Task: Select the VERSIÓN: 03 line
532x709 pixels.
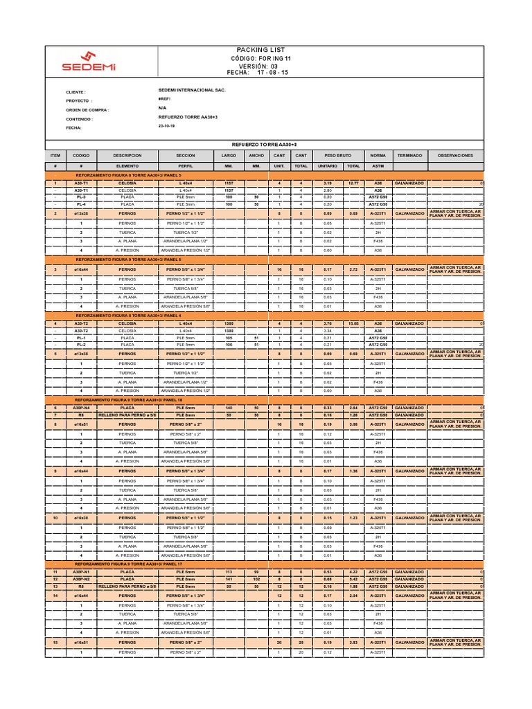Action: pyautogui.click(x=256, y=66)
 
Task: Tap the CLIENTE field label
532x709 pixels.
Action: pyautogui.click(x=76, y=91)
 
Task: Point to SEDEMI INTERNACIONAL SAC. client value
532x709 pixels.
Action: pyautogui.click(x=192, y=90)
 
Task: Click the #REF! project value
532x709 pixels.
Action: pyautogui.click(x=164, y=99)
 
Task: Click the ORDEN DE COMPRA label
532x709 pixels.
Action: pyautogui.click(x=87, y=109)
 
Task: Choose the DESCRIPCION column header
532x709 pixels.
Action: pyautogui.click(x=127, y=156)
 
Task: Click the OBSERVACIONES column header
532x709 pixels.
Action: pyautogui.click(x=455, y=156)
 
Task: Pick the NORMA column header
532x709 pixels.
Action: pyautogui.click(x=378, y=156)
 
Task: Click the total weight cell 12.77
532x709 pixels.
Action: pyautogui.click(x=353, y=183)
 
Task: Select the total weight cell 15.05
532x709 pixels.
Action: pyautogui.click(x=353, y=323)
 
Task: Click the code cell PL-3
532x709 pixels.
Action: pyautogui.click(x=81, y=197)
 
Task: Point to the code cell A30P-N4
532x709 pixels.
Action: pyautogui.click(x=81, y=408)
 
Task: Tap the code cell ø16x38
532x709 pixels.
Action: pyautogui.click(x=81, y=517)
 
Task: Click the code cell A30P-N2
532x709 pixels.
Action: pyautogui.click(x=81, y=579)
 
